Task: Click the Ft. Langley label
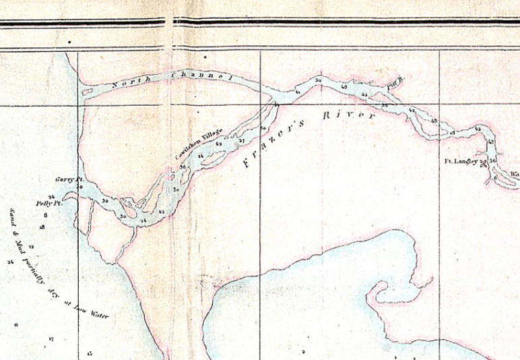[461, 161]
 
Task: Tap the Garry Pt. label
[69, 180]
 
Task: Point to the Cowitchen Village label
[199, 144]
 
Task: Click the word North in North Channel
[126, 83]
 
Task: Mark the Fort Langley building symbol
[483, 164]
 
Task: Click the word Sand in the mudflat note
[13, 217]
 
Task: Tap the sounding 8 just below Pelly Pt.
[46, 215]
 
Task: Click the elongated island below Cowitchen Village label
[214, 158]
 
